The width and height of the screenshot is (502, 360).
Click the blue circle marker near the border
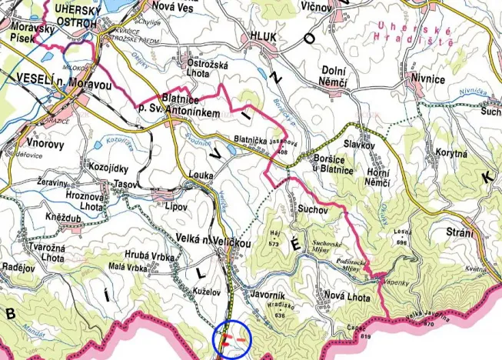pos(228,338)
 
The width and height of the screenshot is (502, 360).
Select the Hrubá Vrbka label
pos(150,255)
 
